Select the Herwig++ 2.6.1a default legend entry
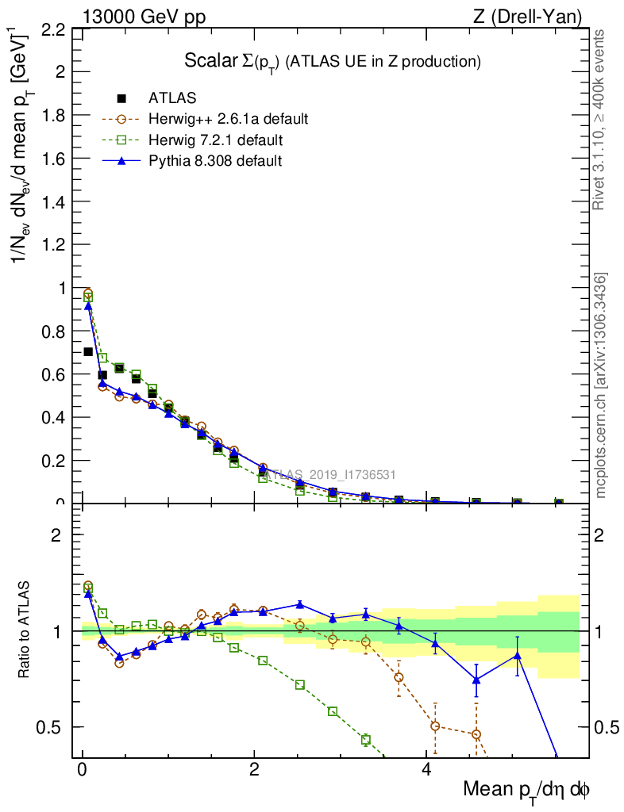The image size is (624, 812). coord(228,120)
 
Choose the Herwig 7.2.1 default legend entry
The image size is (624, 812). coord(215,140)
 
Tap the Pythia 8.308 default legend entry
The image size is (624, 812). coord(214,161)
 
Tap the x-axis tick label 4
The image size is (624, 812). coord(426,770)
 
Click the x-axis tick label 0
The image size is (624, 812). coord(82,770)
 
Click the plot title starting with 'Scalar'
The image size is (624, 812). coord(333,61)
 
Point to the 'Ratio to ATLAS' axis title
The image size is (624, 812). coord(25,631)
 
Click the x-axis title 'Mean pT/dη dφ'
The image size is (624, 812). coord(526,791)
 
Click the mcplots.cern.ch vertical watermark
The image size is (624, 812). coord(601,386)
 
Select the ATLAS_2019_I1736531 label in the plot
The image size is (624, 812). coord(331,475)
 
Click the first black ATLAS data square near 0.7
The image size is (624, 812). coord(88,351)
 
